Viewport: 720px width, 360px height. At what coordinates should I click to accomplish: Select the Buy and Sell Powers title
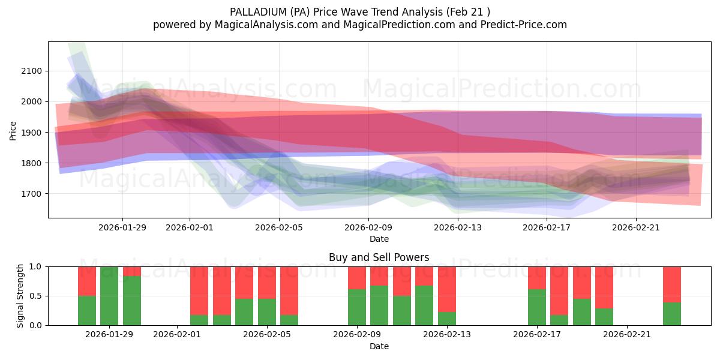coord(379,257)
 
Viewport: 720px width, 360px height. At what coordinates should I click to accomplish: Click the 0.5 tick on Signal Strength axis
coord(35,296)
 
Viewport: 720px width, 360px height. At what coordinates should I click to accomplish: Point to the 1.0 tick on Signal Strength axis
coord(35,266)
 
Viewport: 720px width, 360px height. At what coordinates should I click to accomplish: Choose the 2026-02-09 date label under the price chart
coord(368,227)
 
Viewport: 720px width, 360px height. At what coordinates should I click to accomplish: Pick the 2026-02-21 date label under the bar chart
coord(626,335)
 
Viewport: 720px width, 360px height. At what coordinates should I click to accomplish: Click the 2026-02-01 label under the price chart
coord(190,227)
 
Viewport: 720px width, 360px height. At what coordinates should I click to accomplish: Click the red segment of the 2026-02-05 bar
coord(267,282)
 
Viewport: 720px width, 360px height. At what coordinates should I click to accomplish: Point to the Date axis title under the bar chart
coord(379,346)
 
